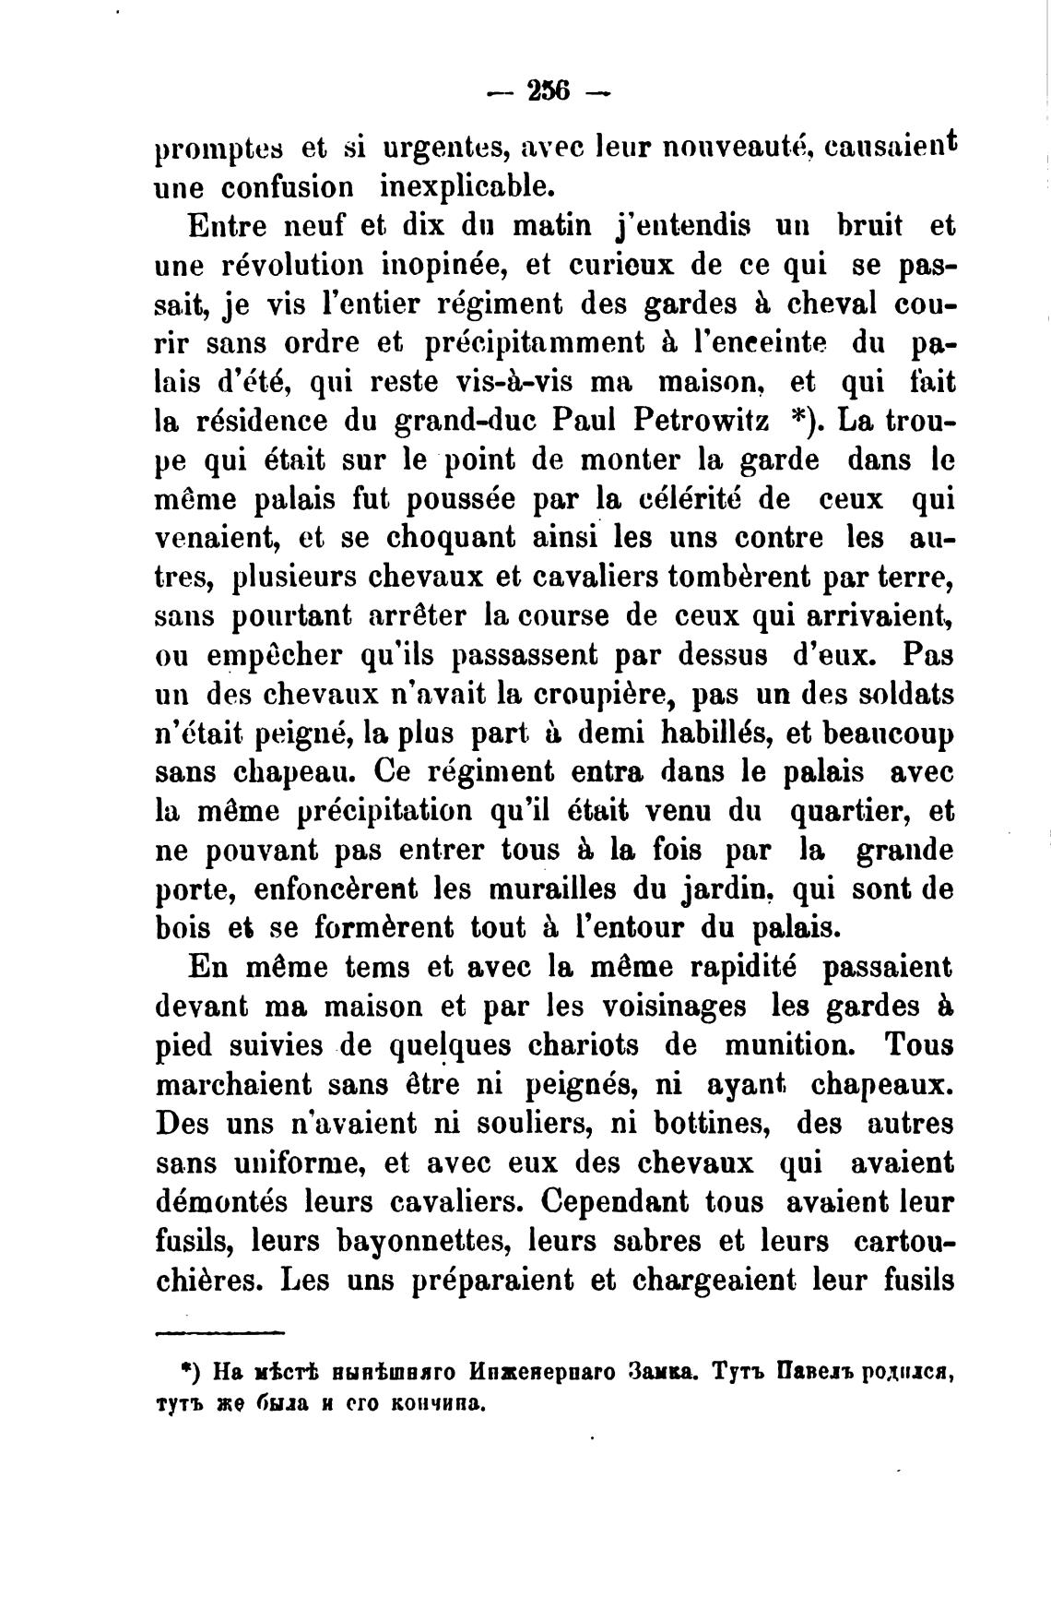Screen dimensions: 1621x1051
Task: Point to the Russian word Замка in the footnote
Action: (670, 1371)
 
